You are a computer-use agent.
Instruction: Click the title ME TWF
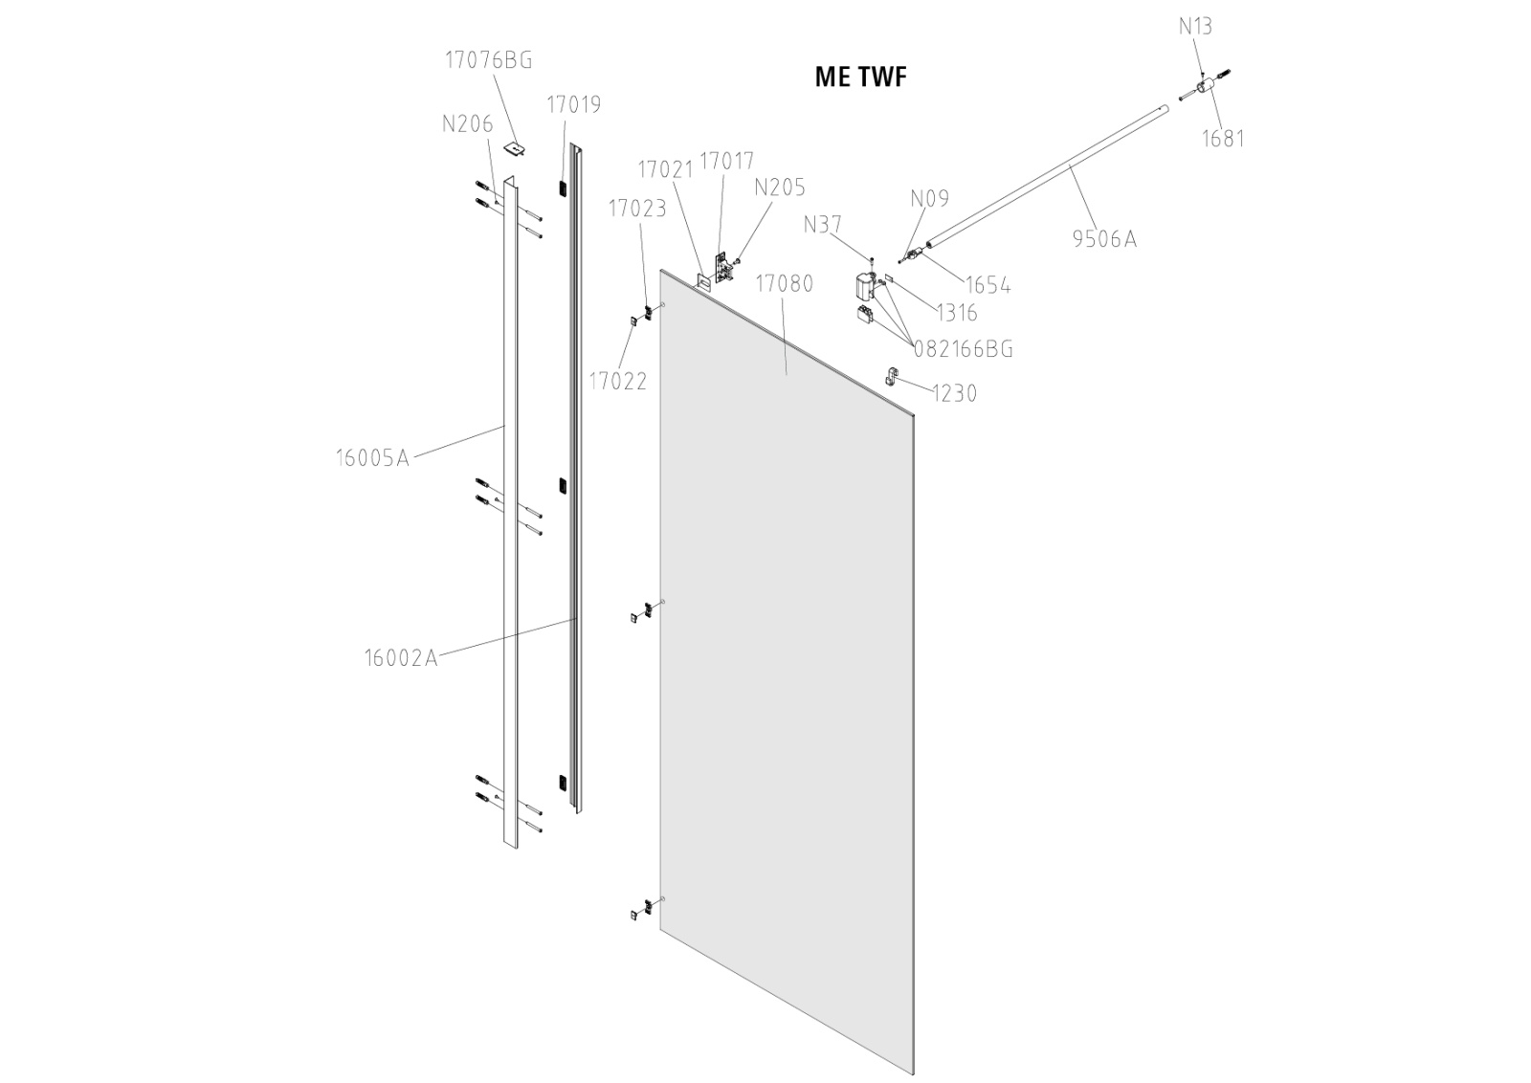coord(859,77)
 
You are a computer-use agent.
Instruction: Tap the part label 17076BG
coord(488,59)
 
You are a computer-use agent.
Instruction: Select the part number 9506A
coord(1104,238)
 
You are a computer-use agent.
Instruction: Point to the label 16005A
coord(372,457)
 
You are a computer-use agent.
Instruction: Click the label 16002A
coord(401,658)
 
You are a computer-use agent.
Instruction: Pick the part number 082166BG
coord(963,349)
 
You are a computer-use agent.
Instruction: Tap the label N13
coord(1195,26)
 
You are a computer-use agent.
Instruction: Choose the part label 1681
coord(1223,138)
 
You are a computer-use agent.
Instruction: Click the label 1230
coord(955,393)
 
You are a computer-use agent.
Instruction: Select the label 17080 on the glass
coord(784,283)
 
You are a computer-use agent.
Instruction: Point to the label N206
coord(467,123)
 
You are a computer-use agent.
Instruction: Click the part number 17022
coord(617,381)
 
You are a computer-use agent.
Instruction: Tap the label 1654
coord(987,285)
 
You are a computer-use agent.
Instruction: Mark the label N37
coord(823,225)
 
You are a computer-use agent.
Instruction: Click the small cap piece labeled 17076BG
coord(517,148)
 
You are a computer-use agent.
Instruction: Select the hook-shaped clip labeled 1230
coord(893,376)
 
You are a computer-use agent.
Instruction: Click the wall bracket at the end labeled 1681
coord(1208,86)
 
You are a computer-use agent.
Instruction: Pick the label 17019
coord(574,104)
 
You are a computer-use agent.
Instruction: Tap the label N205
coord(780,187)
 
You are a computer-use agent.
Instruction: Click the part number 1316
coord(956,313)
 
